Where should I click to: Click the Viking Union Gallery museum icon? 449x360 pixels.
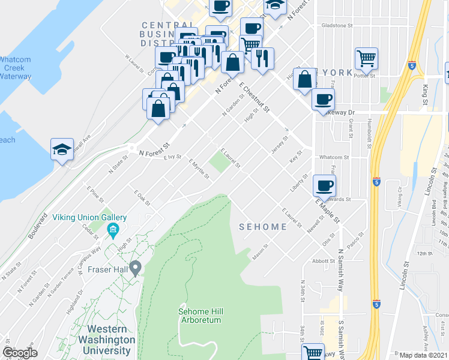pos(112,230)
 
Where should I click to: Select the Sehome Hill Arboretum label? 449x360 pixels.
pos(200,316)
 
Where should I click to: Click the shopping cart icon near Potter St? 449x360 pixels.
pos(366,58)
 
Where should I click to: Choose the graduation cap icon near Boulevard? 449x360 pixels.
pos(62,150)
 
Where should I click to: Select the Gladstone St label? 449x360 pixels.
pos(337,26)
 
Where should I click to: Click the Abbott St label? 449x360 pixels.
pos(324,261)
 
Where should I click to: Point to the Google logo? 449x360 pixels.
pos(20,353)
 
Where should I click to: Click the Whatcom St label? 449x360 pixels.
pos(330,158)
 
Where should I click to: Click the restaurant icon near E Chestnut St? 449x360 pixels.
pos(263,58)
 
